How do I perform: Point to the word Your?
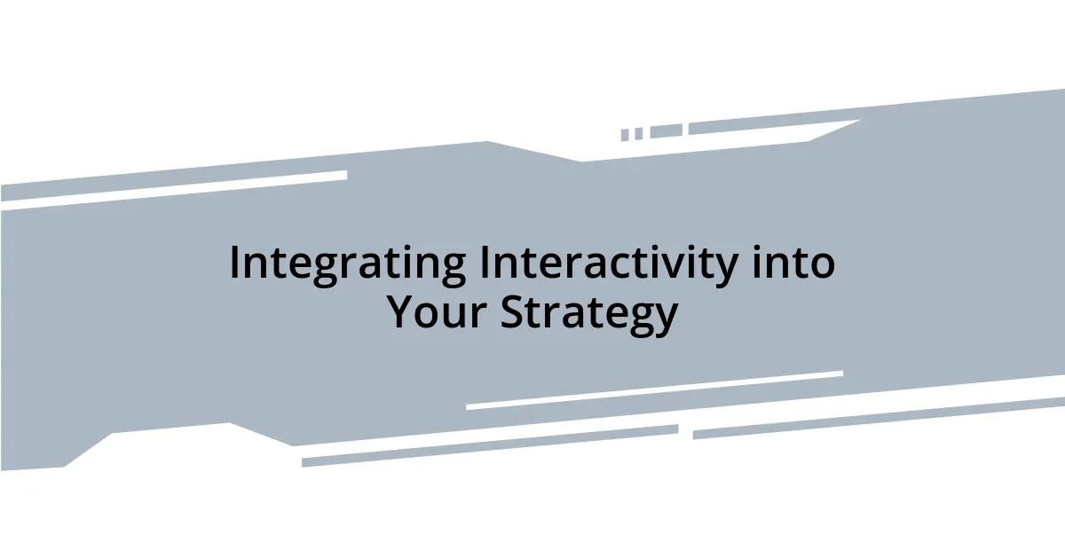(436, 312)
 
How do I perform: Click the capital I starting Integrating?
(235, 263)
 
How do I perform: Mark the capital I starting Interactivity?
(485, 263)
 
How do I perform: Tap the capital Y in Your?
(401, 312)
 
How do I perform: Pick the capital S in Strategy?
(513, 312)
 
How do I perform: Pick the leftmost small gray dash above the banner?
(625, 135)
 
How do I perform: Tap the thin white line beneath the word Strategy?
(654, 390)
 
